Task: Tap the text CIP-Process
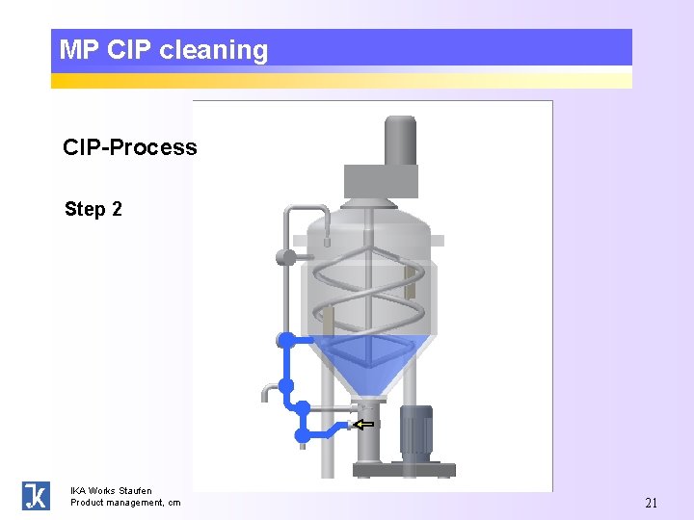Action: coord(129,147)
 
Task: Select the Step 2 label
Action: coord(93,209)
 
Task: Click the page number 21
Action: coord(651,502)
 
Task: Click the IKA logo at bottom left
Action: coord(36,495)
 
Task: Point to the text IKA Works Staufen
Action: coord(111,490)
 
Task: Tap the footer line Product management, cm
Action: coord(125,502)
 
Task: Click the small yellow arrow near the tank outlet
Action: coord(363,424)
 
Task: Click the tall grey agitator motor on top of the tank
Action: coord(400,141)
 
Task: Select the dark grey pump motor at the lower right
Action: coord(416,430)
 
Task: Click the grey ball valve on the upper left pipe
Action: coord(285,257)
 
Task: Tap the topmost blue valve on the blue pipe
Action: coord(285,339)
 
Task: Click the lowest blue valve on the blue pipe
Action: coord(303,436)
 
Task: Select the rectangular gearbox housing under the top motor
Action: coord(382,180)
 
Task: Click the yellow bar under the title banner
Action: coord(341,77)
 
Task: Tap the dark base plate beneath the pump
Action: coord(403,469)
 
